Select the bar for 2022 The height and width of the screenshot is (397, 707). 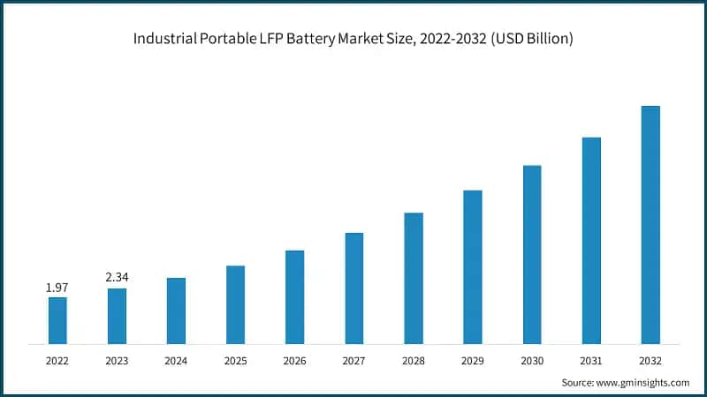click(57, 320)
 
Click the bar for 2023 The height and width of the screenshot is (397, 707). click(117, 316)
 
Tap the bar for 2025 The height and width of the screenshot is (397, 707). click(235, 304)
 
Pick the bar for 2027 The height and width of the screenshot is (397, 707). click(354, 288)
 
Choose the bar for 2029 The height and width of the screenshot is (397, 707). click(473, 266)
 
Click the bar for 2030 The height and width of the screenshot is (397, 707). click(532, 254)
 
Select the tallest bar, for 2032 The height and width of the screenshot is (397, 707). click(650, 225)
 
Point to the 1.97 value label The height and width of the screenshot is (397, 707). click(57, 288)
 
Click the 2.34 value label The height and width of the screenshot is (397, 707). click(117, 278)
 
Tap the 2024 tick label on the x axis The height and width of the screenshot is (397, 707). click(176, 361)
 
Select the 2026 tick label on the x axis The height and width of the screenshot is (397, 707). click(294, 361)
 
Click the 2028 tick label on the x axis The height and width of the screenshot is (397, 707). click(414, 361)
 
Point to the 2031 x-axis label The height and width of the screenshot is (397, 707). click(591, 361)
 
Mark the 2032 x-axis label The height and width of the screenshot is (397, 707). click(650, 361)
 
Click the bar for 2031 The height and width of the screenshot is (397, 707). click(591, 240)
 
